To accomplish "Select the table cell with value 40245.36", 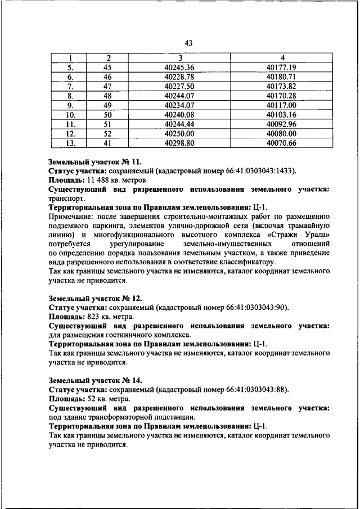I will (180, 67).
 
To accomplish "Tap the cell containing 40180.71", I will (281, 76).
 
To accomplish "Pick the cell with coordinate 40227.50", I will (180, 86).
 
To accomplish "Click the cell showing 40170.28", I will (281, 96).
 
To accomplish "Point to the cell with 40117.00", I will (281, 105).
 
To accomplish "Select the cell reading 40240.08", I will (180, 115).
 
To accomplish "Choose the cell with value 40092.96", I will (281, 124).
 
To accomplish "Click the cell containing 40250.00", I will (180, 134).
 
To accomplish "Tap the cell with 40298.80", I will (180, 143).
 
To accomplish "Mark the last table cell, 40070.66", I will (281, 143).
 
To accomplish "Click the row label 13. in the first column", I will (71, 143).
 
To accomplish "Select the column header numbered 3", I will (180, 58).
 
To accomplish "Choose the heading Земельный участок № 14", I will (91, 380).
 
